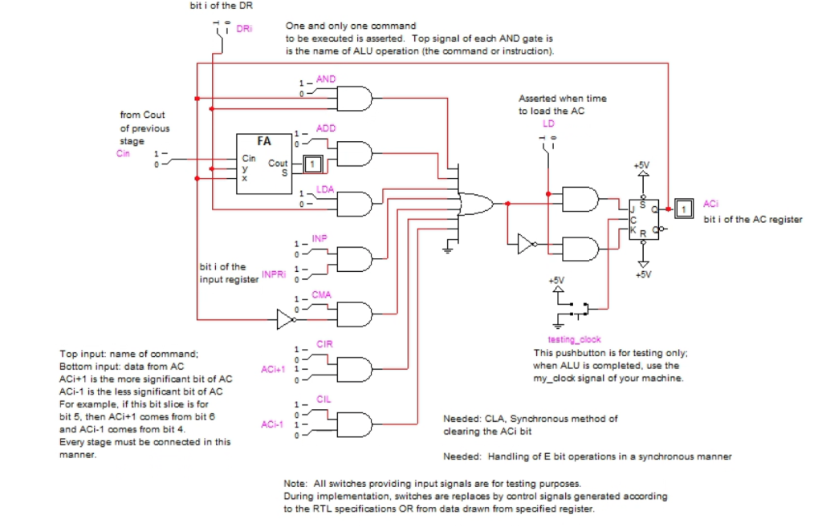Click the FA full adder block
[x=262, y=164]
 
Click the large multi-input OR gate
[x=475, y=204]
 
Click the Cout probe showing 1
[x=314, y=164]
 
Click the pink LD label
[x=548, y=124]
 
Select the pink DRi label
[x=244, y=29]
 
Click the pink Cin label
[x=123, y=153]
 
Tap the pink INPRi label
[x=274, y=274]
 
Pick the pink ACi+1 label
[x=273, y=369]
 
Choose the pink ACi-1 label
[x=272, y=424]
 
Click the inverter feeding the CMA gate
[x=287, y=320]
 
